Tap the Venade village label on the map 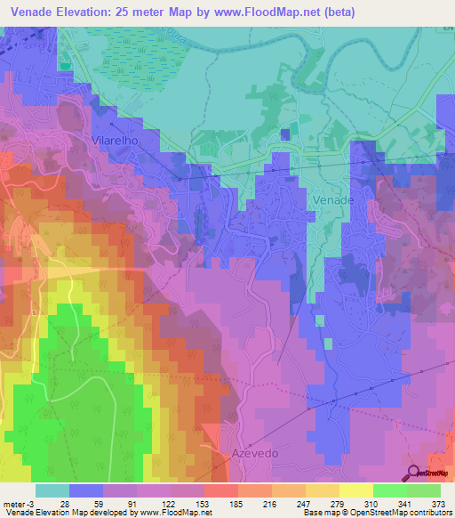click(x=334, y=200)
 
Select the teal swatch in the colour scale click(x=52, y=490)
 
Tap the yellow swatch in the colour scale click(x=355, y=490)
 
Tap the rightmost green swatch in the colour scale click(x=423, y=490)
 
